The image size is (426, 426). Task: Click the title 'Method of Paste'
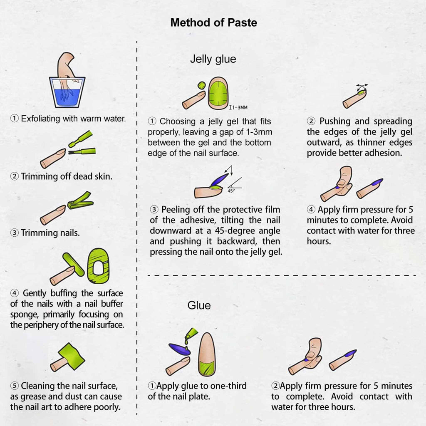point(213,22)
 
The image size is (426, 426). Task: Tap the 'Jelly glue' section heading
point(213,59)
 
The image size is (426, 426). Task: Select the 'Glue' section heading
point(199,305)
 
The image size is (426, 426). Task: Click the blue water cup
point(67,92)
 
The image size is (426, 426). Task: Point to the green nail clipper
point(81,201)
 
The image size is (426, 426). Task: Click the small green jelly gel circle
point(201,86)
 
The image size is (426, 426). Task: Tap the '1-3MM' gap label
point(238,108)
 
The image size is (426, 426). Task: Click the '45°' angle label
point(231,191)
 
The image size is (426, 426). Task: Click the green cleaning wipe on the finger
point(71,356)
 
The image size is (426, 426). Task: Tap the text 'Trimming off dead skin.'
point(67,176)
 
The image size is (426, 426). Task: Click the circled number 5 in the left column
point(15,386)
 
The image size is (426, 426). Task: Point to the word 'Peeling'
point(176,210)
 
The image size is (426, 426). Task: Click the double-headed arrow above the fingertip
point(362,87)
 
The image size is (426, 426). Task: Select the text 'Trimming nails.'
point(50,233)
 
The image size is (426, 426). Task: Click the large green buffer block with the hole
point(98,266)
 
